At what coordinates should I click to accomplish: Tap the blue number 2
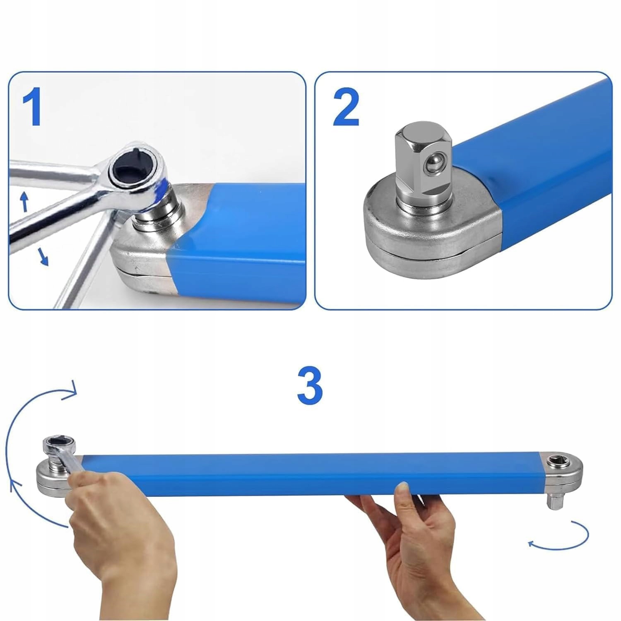tap(346, 108)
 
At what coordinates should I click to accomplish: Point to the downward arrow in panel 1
tap(43, 256)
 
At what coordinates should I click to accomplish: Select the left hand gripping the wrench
tap(120, 538)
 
